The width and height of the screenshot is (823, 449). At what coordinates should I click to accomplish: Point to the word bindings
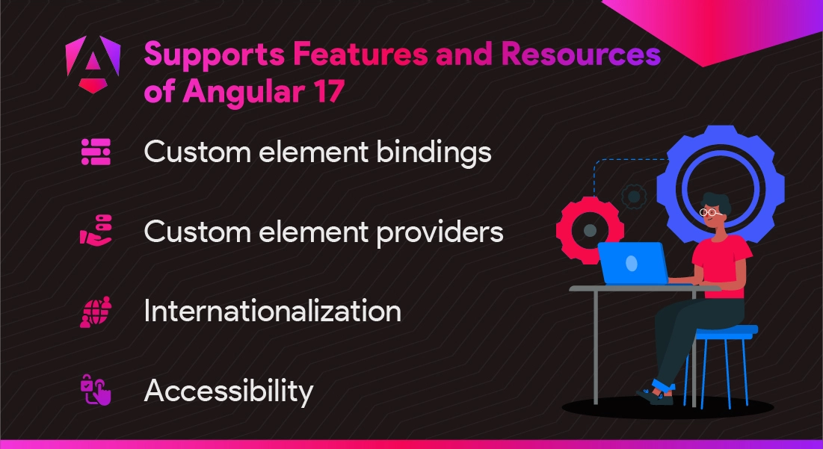point(434,153)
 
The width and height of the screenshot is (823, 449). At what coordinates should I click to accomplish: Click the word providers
point(440,232)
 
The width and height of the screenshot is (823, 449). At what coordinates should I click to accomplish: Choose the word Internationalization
point(272,311)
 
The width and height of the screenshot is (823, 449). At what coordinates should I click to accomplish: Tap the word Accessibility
point(229,391)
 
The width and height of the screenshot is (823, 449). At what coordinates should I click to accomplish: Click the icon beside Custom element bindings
point(96,152)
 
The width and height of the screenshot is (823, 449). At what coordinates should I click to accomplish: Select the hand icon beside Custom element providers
point(96,230)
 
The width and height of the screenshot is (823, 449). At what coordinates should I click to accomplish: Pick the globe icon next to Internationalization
point(96,312)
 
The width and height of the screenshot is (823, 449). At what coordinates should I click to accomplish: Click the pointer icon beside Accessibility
point(96,389)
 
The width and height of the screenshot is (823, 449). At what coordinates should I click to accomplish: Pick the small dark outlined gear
point(634,196)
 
